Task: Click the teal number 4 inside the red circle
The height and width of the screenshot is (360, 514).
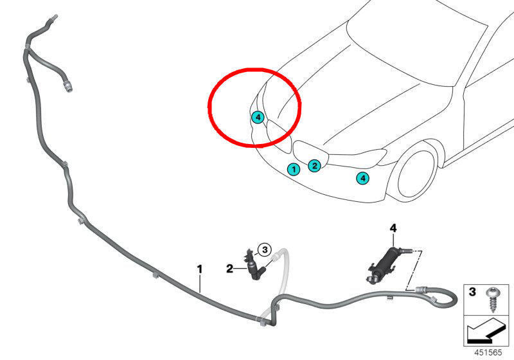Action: tap(258, 117)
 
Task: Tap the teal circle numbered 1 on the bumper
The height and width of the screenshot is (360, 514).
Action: tap(294, 169)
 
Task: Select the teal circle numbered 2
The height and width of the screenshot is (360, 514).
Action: tap(314, 166)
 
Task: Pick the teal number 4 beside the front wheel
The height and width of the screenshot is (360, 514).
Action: tap(362, 178)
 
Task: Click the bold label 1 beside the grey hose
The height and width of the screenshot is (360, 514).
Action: tap(200, 269)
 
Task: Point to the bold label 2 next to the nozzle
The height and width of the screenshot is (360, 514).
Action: tap(230, 269)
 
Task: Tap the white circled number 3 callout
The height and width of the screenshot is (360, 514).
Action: tap(265, 250)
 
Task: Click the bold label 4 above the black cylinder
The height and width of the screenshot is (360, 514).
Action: tap(393, 228)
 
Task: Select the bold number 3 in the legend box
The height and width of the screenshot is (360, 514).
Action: tap(472, 291)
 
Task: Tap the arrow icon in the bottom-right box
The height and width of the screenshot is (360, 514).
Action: tap(486, 331)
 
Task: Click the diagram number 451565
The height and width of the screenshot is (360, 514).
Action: tap(488, 352)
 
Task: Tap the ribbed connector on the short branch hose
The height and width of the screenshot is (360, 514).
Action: tap(68, 87)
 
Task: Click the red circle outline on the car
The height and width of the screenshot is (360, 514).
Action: tap(208, 107)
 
